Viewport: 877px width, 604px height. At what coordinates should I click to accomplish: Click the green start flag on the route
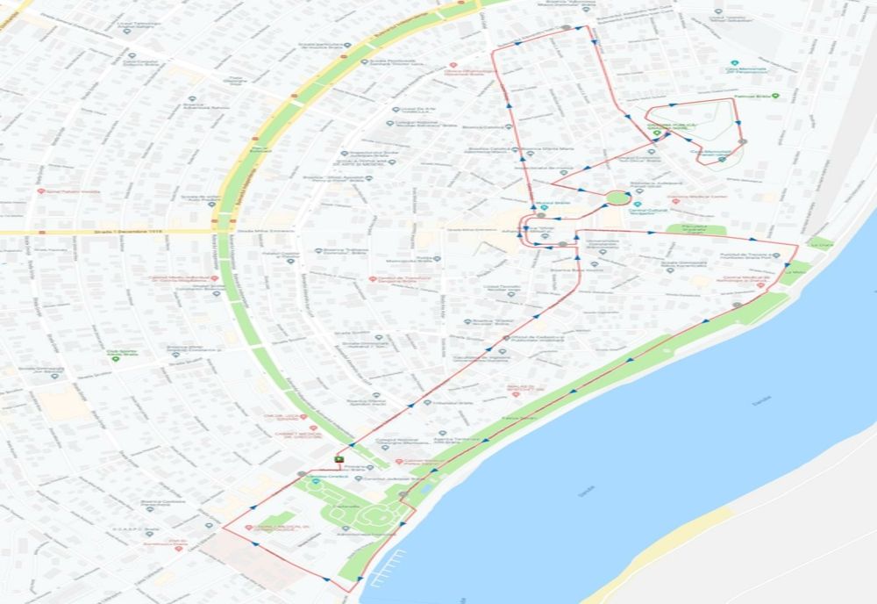point(339,458)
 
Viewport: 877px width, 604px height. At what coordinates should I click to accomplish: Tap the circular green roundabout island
point(617,198)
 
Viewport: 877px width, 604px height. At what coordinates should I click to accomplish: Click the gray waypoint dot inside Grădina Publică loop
point(743,141)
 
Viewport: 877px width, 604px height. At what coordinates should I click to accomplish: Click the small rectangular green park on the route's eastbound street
point(695,230)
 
